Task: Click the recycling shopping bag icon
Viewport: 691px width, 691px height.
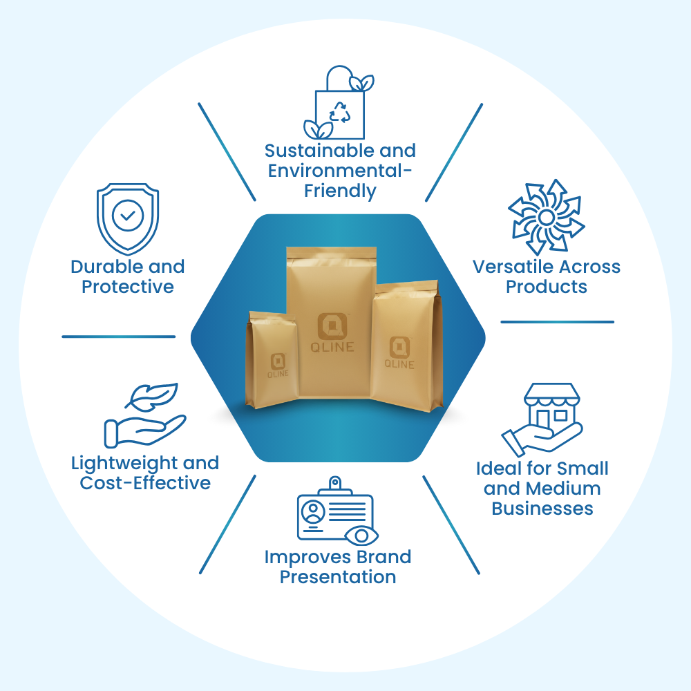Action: (339, 104)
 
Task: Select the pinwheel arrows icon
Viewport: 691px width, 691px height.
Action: (546, 216)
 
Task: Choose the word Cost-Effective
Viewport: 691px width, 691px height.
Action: (145, 483)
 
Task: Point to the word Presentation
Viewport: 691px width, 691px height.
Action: (338, 577)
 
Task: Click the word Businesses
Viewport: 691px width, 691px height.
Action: (542, 509)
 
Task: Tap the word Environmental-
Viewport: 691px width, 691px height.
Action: (341, 171)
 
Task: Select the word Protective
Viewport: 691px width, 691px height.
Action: (128, 287)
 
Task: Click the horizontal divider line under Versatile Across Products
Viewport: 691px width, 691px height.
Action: (557, 322)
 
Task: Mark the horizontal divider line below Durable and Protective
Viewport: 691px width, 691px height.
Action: (119, 337)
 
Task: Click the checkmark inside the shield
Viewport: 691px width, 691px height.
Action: (128, 216)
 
